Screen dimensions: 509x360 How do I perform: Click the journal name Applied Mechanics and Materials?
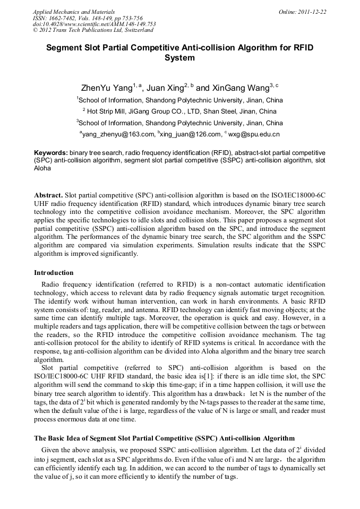(x=74, y=12)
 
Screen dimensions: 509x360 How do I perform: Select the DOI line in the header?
(x=94, y=24)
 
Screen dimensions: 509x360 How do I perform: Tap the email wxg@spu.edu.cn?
(x=254, y=135)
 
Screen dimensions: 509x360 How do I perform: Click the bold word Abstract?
(x=48, y=195)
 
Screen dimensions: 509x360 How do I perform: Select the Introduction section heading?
(x=54, y=273)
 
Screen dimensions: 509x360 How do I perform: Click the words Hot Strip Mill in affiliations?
(x=107, y=111)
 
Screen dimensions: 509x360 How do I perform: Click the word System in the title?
(x=180, y=58)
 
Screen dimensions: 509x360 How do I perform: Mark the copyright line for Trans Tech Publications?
(x=93, y=31)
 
